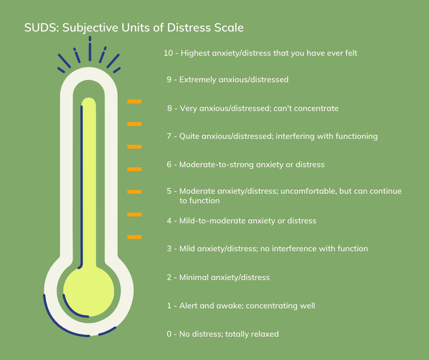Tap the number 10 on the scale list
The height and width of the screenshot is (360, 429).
pyautogui.click(x=168, y=53)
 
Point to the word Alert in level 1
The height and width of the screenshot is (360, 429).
pyautogui.click(x=188, y=306)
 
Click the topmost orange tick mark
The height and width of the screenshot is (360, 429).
pyautogui.click(x=134, y=101)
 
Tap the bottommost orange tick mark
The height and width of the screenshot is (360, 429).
pyautogui.click(x=134, y=237)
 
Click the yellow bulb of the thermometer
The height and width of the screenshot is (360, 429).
pyautogui.click(x=89, y=291)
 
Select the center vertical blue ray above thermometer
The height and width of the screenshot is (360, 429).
pyautogui.click(x=90, y=49)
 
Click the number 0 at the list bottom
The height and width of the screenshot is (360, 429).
pyautogui.click(x=169, y=334)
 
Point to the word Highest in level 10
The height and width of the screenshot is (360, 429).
pyautogui.click(x=195, y=53)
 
